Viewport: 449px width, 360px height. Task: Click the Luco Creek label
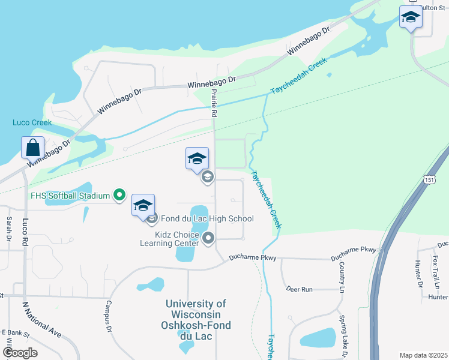[x=32, y=122]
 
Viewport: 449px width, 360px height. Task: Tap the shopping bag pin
[x=33, y=147]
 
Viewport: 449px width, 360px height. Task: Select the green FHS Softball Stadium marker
[x=119, y=194]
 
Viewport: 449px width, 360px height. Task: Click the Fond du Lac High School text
[x=207, y=218]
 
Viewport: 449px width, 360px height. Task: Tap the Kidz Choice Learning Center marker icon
[x=208, y=239]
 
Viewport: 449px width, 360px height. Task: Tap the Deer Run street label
[x=299, y=289]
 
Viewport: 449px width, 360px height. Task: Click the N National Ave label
[x=41, y=317]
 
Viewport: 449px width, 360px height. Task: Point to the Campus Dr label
[x=109, y=316]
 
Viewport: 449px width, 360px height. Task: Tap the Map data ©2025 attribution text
[x=423, y=355]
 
